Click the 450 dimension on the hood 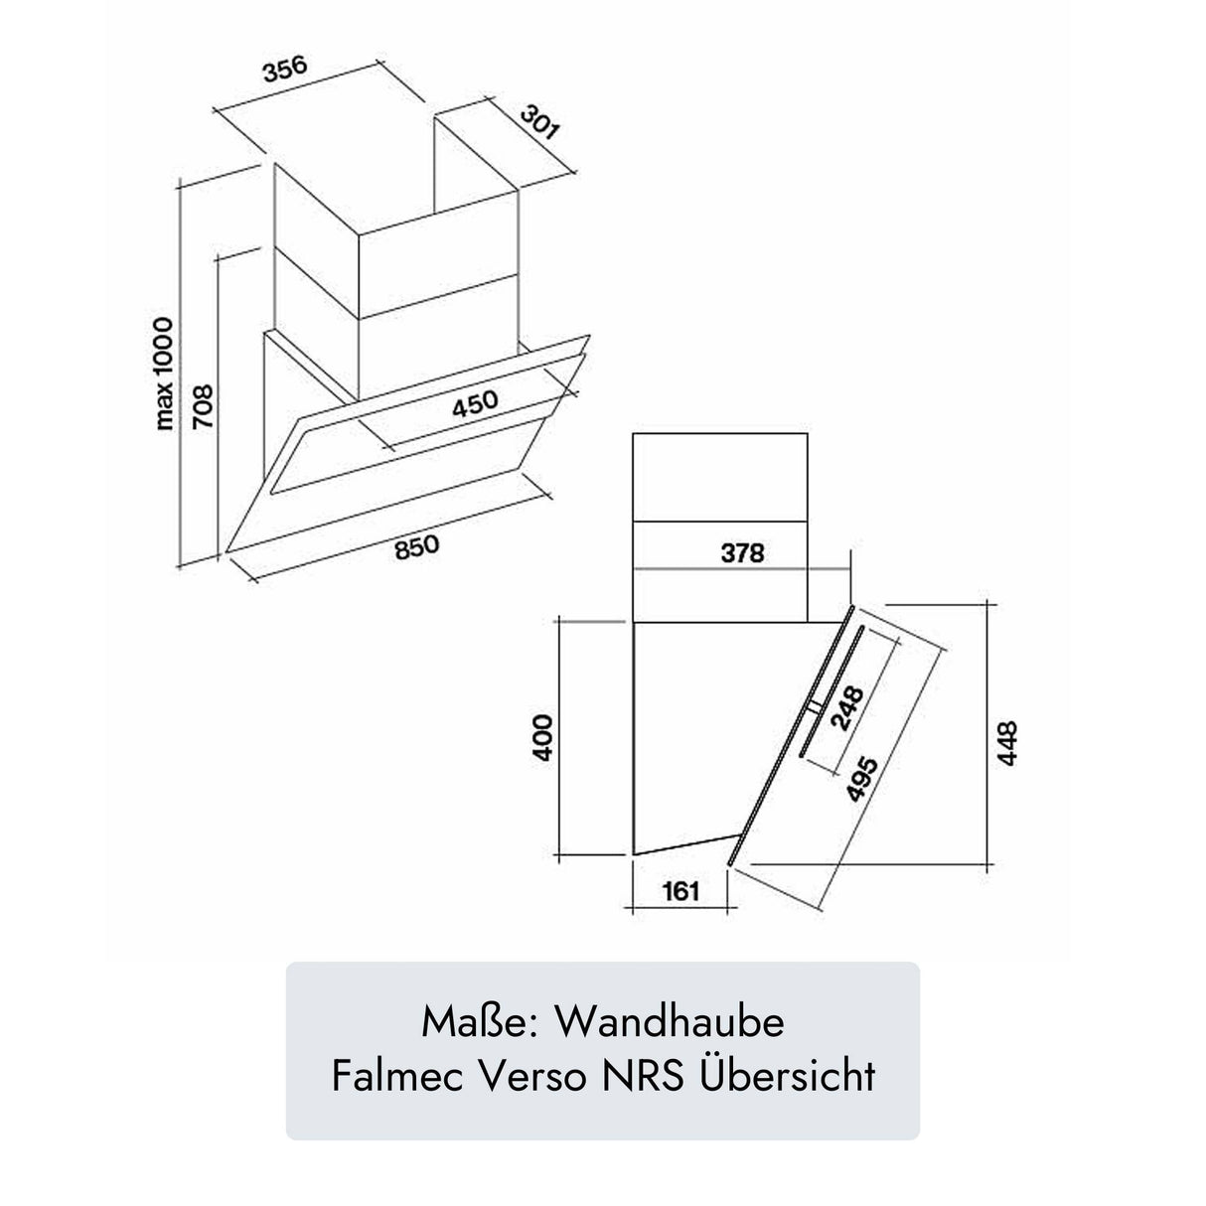(x=475, y=404)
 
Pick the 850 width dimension (x=416, y=548)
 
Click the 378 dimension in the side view (x=742, y=553)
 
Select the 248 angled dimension (x=845, y=706)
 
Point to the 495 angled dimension (x=857, y=786)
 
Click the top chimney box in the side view (x=719, y=477)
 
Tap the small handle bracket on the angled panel (x=814, y=706)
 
